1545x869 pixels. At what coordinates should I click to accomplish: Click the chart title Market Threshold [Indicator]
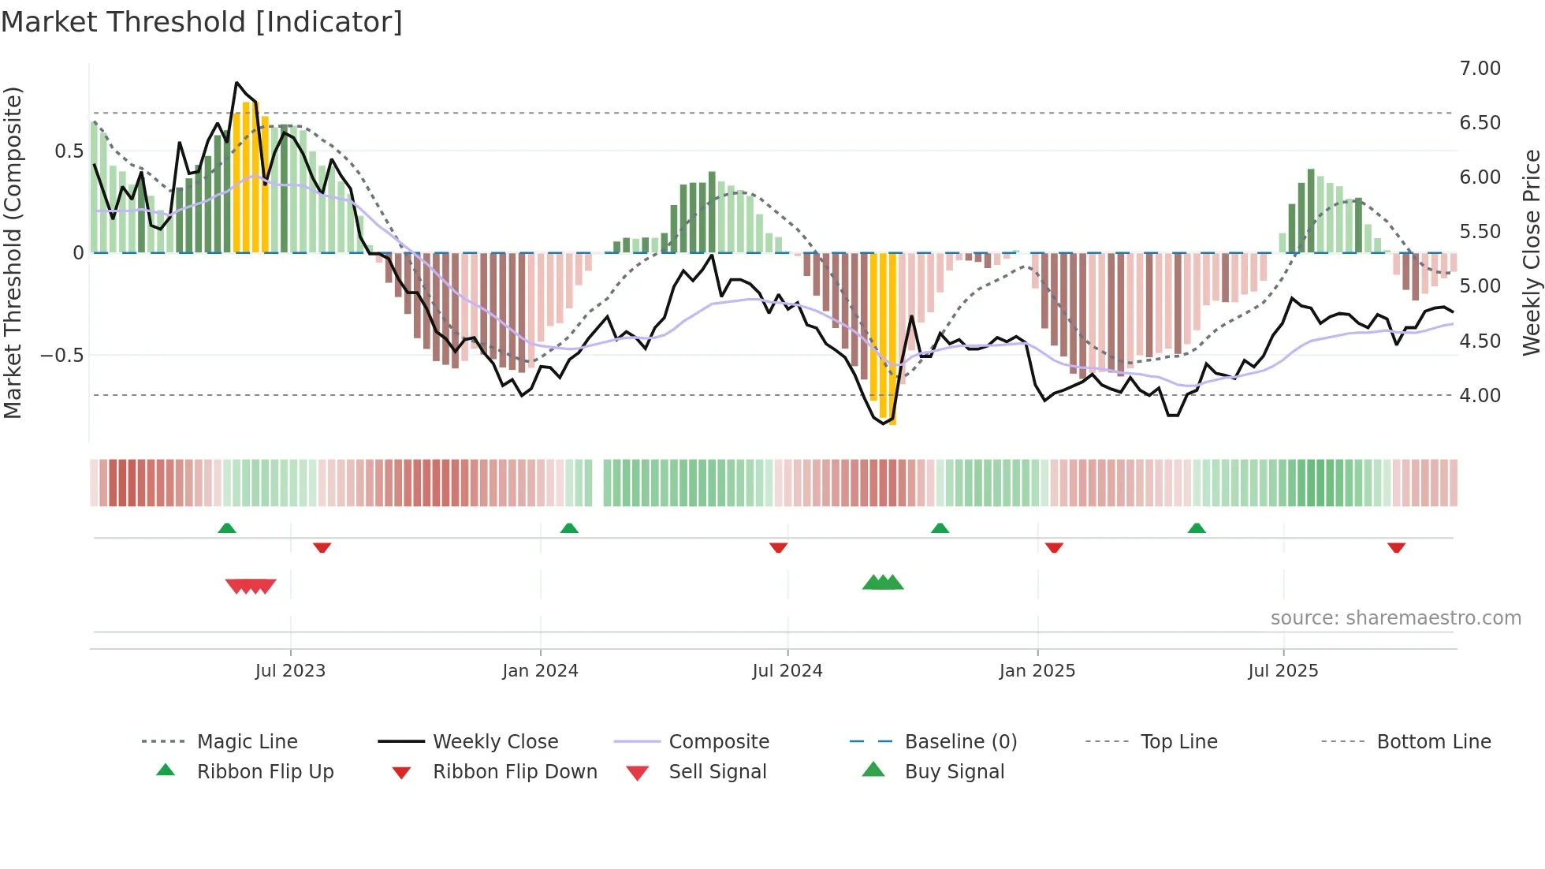(202, 22)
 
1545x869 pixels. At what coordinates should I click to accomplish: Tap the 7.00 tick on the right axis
(1480, 69)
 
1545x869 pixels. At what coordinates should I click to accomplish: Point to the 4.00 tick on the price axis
(1480, 396)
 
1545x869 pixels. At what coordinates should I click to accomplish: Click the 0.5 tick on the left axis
(69, 151)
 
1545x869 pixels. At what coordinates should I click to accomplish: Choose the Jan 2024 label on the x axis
(540, 671)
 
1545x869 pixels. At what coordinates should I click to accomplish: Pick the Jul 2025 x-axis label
(1283, 671)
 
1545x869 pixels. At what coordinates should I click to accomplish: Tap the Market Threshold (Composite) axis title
(13, 252)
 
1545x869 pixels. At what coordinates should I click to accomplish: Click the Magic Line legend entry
(247, 742)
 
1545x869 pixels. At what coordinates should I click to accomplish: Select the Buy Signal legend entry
(954, 772)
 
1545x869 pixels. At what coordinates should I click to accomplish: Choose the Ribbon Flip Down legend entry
(515, 772)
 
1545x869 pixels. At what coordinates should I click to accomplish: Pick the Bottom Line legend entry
(1433, 742)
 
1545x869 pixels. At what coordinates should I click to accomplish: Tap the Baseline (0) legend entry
(960, 742)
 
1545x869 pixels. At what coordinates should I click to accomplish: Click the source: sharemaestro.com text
(1395, 618)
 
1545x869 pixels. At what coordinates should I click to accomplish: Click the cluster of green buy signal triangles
(883, 583)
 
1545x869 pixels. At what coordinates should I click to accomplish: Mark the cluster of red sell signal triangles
(251, 586)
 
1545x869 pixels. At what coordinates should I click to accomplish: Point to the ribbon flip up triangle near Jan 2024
(569, 528)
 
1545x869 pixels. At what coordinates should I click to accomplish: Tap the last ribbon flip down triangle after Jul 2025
(1396, 547)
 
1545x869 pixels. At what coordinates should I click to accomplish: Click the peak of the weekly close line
(236, 83)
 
